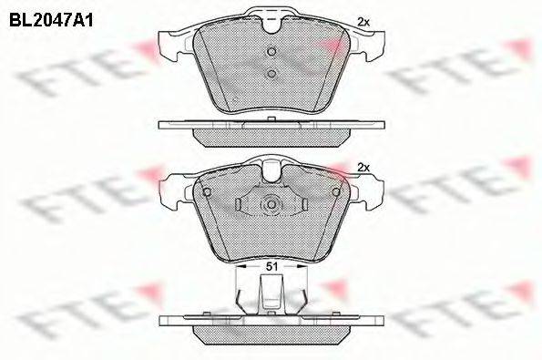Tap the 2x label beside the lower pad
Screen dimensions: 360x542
364,167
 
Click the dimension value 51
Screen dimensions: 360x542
271,266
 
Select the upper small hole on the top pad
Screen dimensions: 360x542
271,52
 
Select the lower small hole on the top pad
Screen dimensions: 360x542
271,74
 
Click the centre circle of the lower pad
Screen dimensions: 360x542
271,205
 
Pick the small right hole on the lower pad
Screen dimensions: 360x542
335,191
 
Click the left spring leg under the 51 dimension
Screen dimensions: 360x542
239,296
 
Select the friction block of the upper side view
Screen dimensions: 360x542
271,135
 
